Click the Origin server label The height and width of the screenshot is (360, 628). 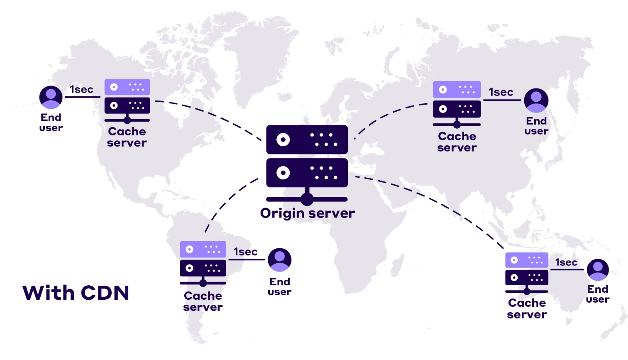[x=307, y=213]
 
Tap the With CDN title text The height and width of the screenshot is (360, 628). [x=76, y=293]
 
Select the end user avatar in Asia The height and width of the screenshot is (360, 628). [x=536, y=100]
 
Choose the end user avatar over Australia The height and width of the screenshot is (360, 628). [x=598, y=270]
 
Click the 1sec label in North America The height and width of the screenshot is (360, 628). [x=81, y=90]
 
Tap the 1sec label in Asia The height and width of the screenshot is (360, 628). [x=501, y=92]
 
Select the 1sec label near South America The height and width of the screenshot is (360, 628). [x=245, y=252]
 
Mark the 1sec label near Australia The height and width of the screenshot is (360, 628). [x=566, y=262]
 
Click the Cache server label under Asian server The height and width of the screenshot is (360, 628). [x=457, y=142]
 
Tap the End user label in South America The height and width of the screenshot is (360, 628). [x=279, y=287]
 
